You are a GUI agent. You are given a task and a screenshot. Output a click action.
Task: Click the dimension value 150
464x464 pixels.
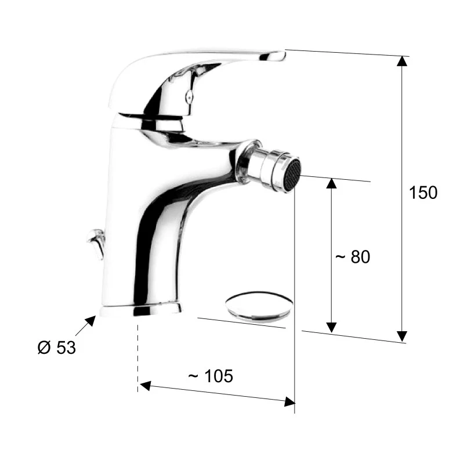click(x=423, y=193)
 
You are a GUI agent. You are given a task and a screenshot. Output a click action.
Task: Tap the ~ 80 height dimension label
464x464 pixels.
click(x=352, y=256)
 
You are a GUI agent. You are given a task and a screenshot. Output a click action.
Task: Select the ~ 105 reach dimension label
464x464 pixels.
click(x=211, y=376)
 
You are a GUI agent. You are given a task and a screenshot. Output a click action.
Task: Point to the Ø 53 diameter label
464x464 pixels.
click(x=56, y=347)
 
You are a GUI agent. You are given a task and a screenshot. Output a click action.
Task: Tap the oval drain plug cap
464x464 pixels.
click(x=259, y=306)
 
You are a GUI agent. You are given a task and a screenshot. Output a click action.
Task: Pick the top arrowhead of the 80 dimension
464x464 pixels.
click(x=331, y=183)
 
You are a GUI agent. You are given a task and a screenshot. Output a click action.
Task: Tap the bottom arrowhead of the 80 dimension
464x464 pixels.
click(x=331, y=327)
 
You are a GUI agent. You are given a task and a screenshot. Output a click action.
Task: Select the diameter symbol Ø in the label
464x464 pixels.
click(x=44, y=347)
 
